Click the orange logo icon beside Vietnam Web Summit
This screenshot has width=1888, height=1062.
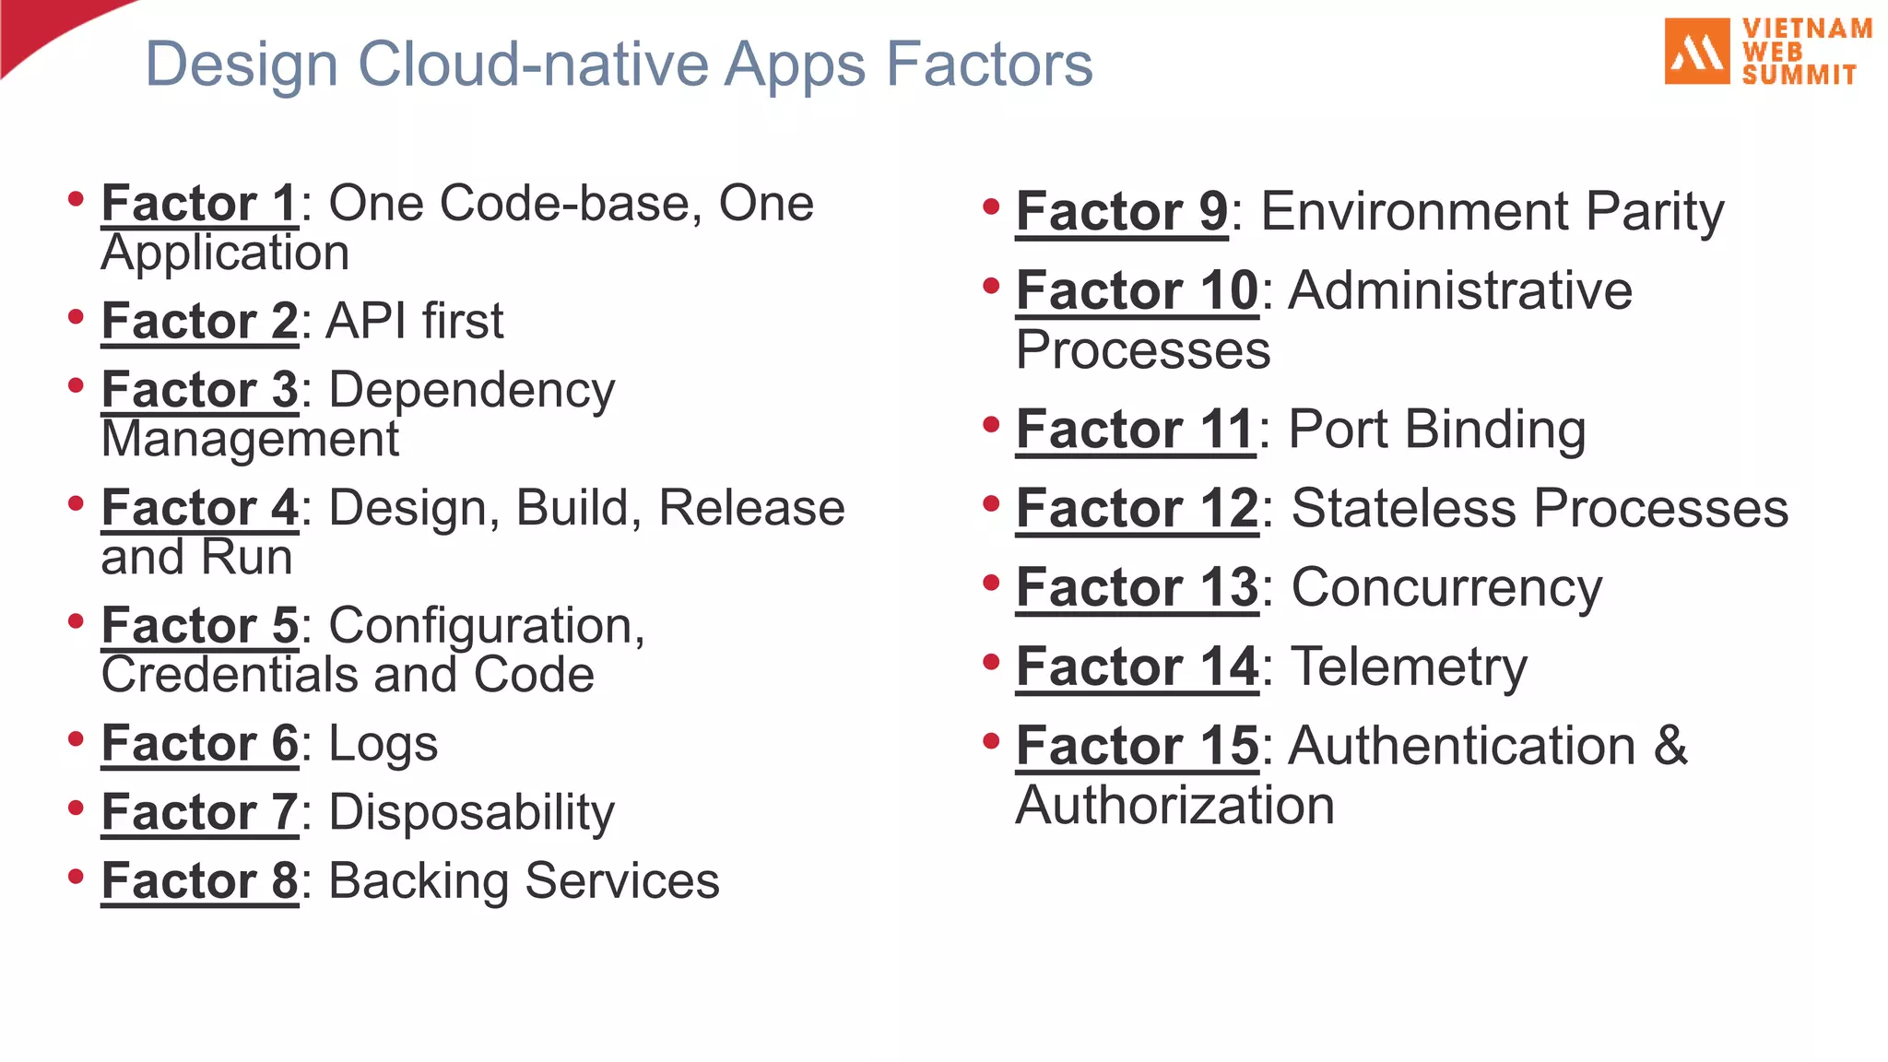click(x=1697, y=52)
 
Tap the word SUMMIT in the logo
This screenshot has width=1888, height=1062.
click(x=1799, y=75)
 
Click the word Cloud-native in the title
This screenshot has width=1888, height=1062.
click(x=533, y=65)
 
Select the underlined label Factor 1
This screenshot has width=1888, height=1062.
click(x=199, y=203)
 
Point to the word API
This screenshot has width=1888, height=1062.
click(x=366, y=321)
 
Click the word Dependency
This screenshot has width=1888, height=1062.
click(x=472, y=390)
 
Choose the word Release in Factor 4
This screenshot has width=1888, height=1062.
click(x=751, y=508)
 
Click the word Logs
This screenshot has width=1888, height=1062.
click(x=383, y=744)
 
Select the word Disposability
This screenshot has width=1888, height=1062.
click(x=471, y=812)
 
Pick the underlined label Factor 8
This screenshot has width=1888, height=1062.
click(x=199, y=880)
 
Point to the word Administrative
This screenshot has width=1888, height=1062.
click(x=1460, y=291)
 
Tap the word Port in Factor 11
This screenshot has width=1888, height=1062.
click(x=1338, y=430)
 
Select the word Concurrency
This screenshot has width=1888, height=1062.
click(x=1446, y=587)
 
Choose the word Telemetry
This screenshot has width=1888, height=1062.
click(x=1409, y=667)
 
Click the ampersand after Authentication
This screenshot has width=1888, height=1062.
click(x=1670, y=745)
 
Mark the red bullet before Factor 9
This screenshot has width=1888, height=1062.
click(x=991, y=206)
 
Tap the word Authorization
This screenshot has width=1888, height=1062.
click(x=1174, y=805)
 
